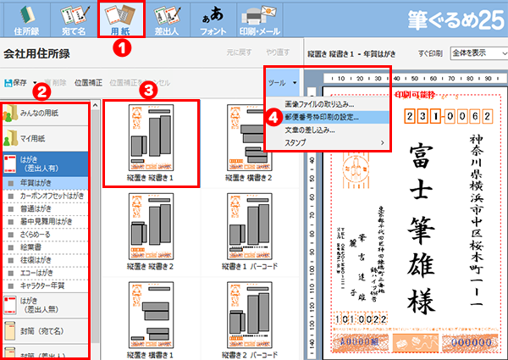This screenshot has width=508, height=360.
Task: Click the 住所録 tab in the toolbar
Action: coord(25,19)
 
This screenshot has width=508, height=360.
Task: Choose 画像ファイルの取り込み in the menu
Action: coord(308,103)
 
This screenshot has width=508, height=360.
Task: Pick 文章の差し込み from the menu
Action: coord(303,130)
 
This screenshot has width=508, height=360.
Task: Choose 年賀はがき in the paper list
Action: coord(42,181)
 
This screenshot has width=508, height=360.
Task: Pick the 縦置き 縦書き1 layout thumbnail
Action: coord(151,142)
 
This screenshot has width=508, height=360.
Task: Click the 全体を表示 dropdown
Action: coord(477,52)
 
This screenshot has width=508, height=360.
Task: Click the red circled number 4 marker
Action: coord(273,116)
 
